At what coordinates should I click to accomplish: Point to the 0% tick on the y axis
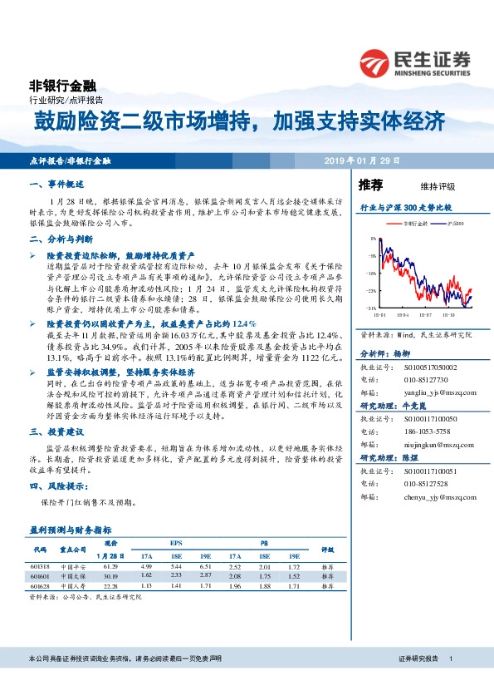point(374,239)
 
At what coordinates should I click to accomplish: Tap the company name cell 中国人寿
point(73,586)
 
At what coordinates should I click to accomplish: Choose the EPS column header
point(176,545)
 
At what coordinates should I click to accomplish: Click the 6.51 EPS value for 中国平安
point(206,565)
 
